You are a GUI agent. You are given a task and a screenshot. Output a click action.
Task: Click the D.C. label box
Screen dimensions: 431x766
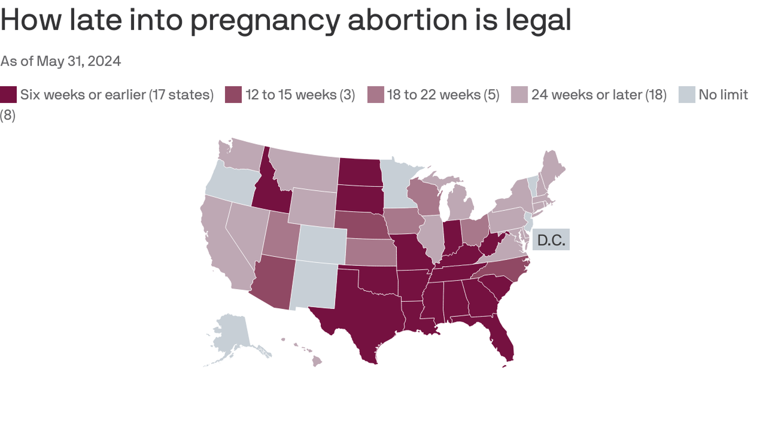pos(551,239)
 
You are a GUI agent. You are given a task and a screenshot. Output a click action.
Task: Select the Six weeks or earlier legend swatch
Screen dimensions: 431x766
pos(8,95)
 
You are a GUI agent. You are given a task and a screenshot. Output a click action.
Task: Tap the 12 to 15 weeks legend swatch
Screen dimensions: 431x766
pos(233,95)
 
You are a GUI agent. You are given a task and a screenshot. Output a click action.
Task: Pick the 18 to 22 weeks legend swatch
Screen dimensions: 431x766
pos(376,95)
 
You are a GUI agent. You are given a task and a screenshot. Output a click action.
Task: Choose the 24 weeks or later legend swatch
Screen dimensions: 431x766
pos(519,95)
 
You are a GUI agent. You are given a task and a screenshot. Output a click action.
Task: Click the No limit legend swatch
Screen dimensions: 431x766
pos(687,95)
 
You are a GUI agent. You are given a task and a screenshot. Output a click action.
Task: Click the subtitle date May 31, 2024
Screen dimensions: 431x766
pos(79,61)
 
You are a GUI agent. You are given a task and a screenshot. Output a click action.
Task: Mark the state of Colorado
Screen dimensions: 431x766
pos(321,244)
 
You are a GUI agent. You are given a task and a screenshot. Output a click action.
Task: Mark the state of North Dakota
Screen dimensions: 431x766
pos(360,171)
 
